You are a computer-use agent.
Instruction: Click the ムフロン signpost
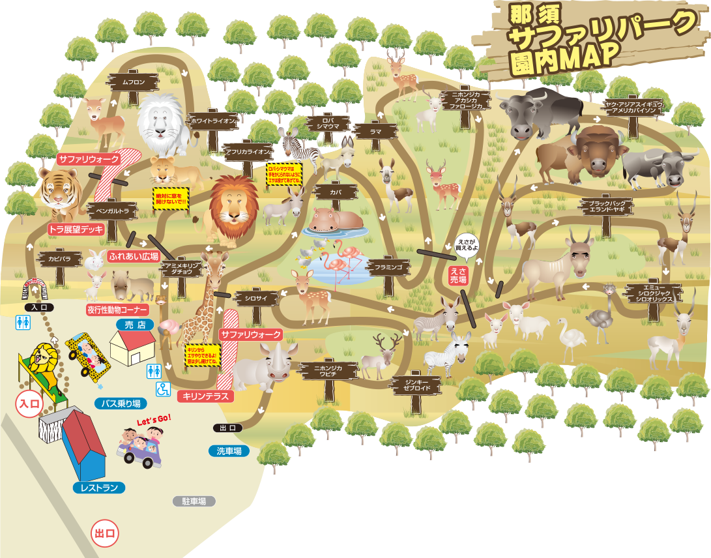coord(133,82)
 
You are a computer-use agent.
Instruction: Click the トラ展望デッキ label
coord(76,229)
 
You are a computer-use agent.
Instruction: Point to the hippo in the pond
coord(332,220)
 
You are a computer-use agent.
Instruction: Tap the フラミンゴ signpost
coord(388,267)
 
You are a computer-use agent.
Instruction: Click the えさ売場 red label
coord(458,274)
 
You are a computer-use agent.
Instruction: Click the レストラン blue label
coord(99,488)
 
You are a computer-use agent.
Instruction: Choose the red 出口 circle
coord(105,533)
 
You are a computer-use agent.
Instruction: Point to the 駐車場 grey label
coord(194,501)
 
